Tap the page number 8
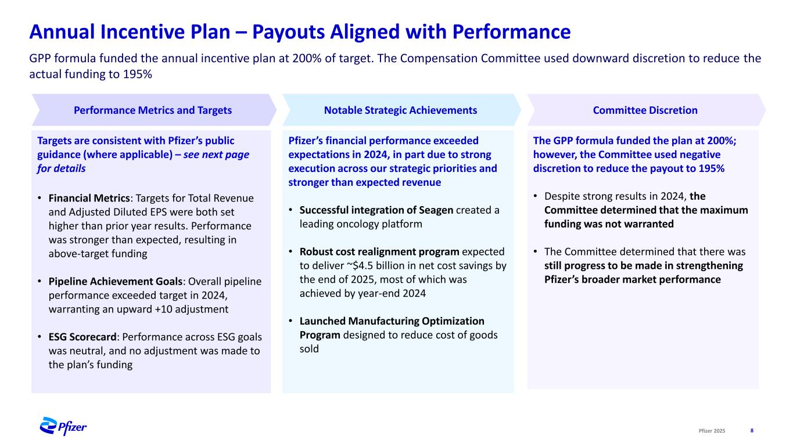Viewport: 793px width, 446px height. click(752, 430)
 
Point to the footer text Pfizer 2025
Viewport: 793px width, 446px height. click(712, 430)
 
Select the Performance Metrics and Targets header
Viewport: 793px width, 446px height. click(152, 110)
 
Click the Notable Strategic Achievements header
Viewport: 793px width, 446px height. click(400, 110)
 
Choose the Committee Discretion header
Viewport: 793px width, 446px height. click(645, 110)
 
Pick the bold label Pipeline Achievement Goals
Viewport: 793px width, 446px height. click(115, 281)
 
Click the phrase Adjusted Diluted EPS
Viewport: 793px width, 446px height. click(110, 212)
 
